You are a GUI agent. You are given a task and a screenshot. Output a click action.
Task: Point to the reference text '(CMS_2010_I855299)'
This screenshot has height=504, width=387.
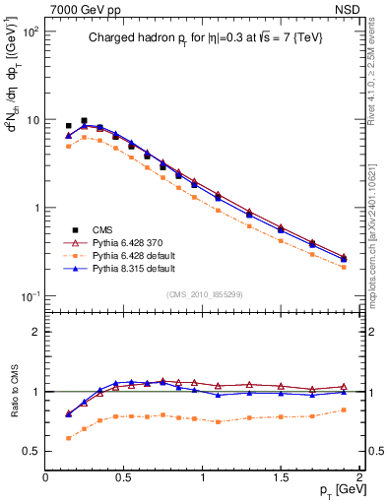[x=201, y=292]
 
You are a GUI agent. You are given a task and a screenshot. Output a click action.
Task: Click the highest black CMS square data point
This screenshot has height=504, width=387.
[x=84, y=121]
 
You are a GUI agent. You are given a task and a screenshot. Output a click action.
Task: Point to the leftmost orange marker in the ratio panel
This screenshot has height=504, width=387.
[x=68, y=438]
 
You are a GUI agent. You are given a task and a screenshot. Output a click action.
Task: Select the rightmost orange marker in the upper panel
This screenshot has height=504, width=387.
[x=344, y=267]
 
